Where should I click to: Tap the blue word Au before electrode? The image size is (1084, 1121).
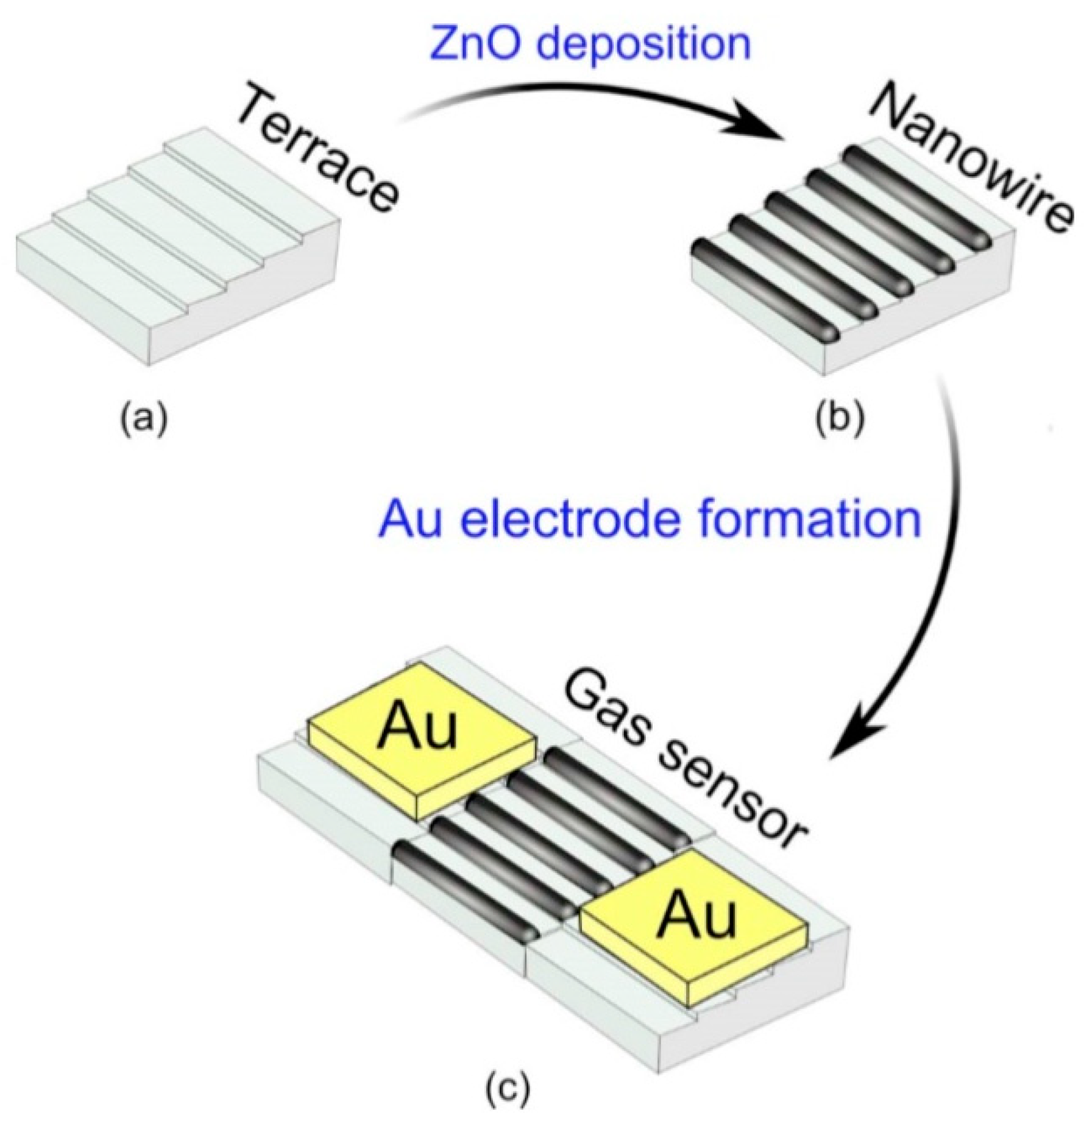pyautogui.click(x=409, y=520)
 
